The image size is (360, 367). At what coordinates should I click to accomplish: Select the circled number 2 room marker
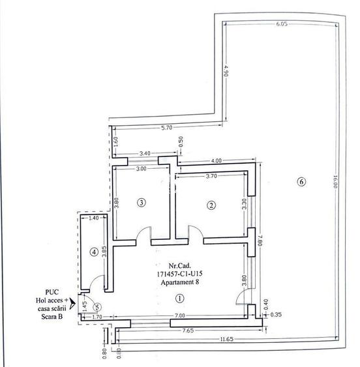211,205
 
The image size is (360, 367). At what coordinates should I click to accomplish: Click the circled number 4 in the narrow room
94,251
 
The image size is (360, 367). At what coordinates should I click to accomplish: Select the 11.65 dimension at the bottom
228,339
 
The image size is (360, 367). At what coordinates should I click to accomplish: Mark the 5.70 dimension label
167,128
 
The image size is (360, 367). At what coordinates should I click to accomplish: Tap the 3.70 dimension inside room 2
211,176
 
